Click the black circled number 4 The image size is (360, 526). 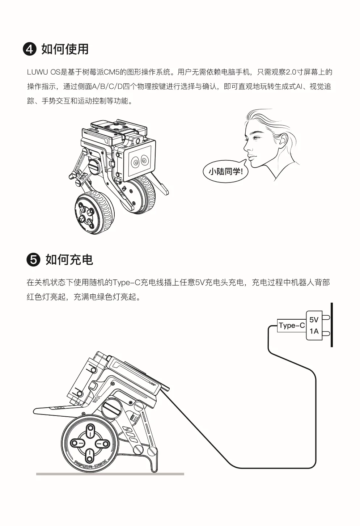(x=30, y=49)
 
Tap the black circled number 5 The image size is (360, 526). (x=33, y=260)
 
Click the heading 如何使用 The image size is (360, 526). (x=65, y=49)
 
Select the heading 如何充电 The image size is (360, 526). (x=69, y=260)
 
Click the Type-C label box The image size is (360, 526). (x=292, y=326)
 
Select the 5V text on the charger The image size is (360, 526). (x=314, y=320)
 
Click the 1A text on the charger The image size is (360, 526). (x=314, y=331)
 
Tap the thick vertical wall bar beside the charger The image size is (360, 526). (x=332, y=325)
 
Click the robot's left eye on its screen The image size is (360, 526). (x=136, y=162)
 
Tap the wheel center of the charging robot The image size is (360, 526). (x=90, y=443)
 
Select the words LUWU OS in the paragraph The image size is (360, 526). (x=44, y=72)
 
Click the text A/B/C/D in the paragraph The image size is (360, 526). (x=107, y=87)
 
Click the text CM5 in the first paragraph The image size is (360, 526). (x=111, y=72)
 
